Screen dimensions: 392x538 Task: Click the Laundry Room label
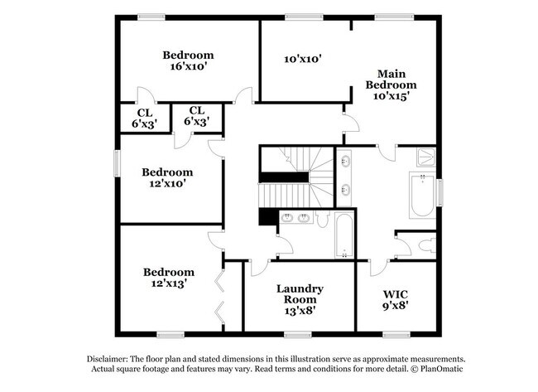pyautogui.click(x=299, y=294)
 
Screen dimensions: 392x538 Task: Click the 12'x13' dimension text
pyautogui.click(x=168, y=283)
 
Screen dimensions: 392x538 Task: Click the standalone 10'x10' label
pyautogui.click(x=301, y=59)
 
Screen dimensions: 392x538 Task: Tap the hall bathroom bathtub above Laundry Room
pyautogui.click(x=344, y=236)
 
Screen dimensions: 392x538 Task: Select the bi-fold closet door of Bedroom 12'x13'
pyautogui.click(x=219, y=294)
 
